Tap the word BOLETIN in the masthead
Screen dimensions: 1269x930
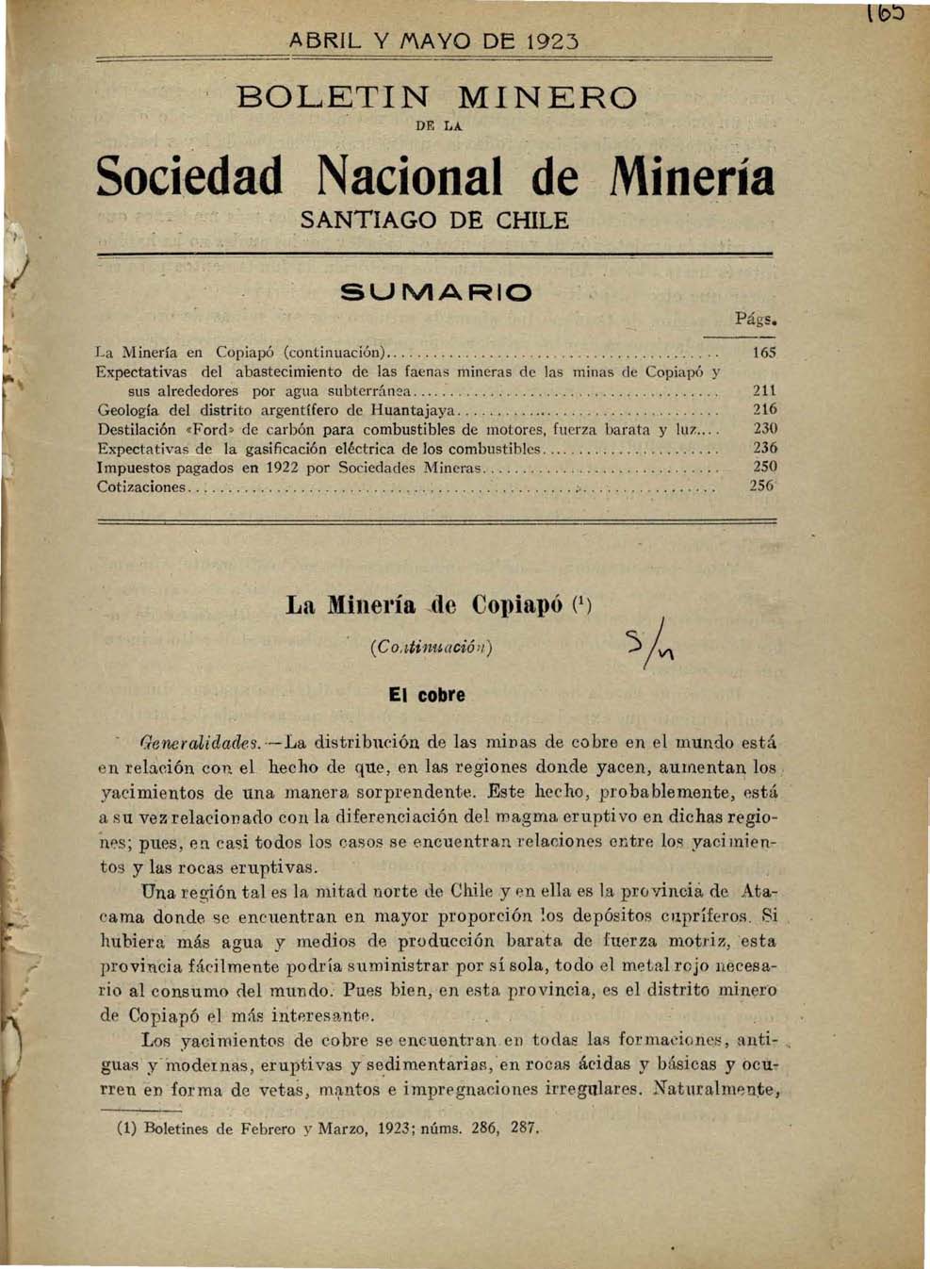coord(334,97)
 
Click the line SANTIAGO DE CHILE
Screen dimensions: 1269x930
coord(434,222)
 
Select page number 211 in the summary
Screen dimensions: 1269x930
coord(764,390)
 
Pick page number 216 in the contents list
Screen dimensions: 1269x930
coord(764,409)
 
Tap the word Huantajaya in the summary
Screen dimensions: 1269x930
coord(414,410)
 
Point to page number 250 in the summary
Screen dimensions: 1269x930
coord(764,467)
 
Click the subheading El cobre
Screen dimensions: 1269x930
coord(427,696)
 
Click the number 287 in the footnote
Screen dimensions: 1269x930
coord(521,1128)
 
